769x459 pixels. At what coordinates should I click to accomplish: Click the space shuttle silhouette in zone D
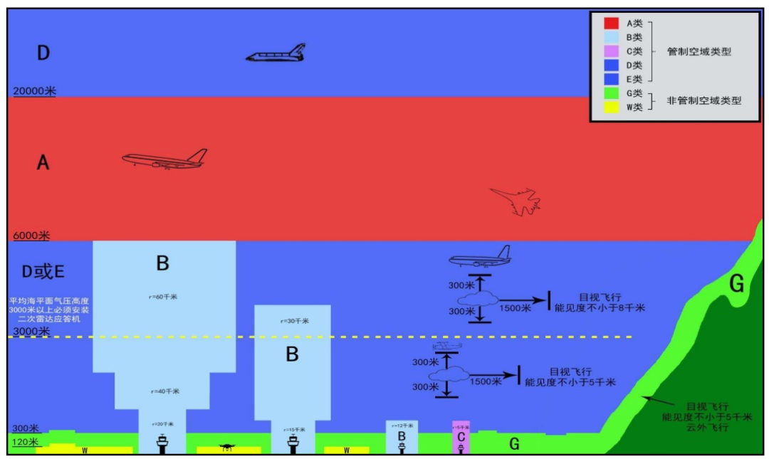276,53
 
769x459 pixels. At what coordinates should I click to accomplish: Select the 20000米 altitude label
34,91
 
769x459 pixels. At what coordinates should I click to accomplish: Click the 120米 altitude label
26,443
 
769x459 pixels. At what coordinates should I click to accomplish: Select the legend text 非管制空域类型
703,100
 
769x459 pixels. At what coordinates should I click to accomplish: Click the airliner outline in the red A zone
164,159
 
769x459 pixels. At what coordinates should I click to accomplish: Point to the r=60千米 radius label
163,297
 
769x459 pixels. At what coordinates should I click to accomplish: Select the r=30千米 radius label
293,321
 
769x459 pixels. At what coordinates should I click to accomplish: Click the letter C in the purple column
461,436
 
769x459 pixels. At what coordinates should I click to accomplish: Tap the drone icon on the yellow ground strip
227,448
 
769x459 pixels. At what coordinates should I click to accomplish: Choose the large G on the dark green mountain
736,284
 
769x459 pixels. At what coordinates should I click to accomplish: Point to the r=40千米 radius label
163,391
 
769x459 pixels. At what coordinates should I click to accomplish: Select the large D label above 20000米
43,53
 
